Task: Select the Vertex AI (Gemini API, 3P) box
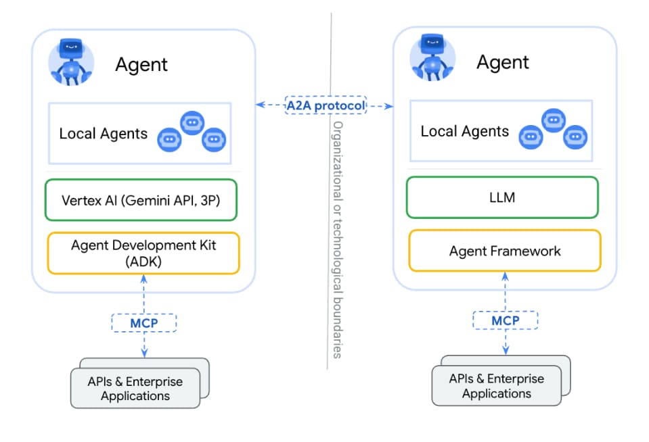point(141,200)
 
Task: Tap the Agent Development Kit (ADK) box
point(143,253)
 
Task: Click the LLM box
point(501,198)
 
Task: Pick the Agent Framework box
point(504,251)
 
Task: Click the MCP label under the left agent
point(143,322)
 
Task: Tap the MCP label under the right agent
point(505,320)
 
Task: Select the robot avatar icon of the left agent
point(70,61)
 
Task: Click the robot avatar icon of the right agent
point(432,57)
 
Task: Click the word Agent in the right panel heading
point(502,62)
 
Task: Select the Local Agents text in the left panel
point(103,133)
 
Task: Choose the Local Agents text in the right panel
point(464,131)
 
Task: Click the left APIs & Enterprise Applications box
point(135,389)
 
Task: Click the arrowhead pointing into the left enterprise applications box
point(143,353)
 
